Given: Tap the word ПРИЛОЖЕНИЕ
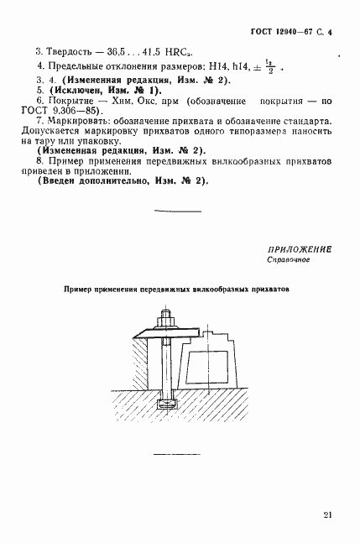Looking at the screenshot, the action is coord(300,249).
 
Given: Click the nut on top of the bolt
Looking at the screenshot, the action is coord(164,320).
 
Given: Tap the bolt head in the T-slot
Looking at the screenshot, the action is coord(164,405).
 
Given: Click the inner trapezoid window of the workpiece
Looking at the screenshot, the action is coord(210,368).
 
